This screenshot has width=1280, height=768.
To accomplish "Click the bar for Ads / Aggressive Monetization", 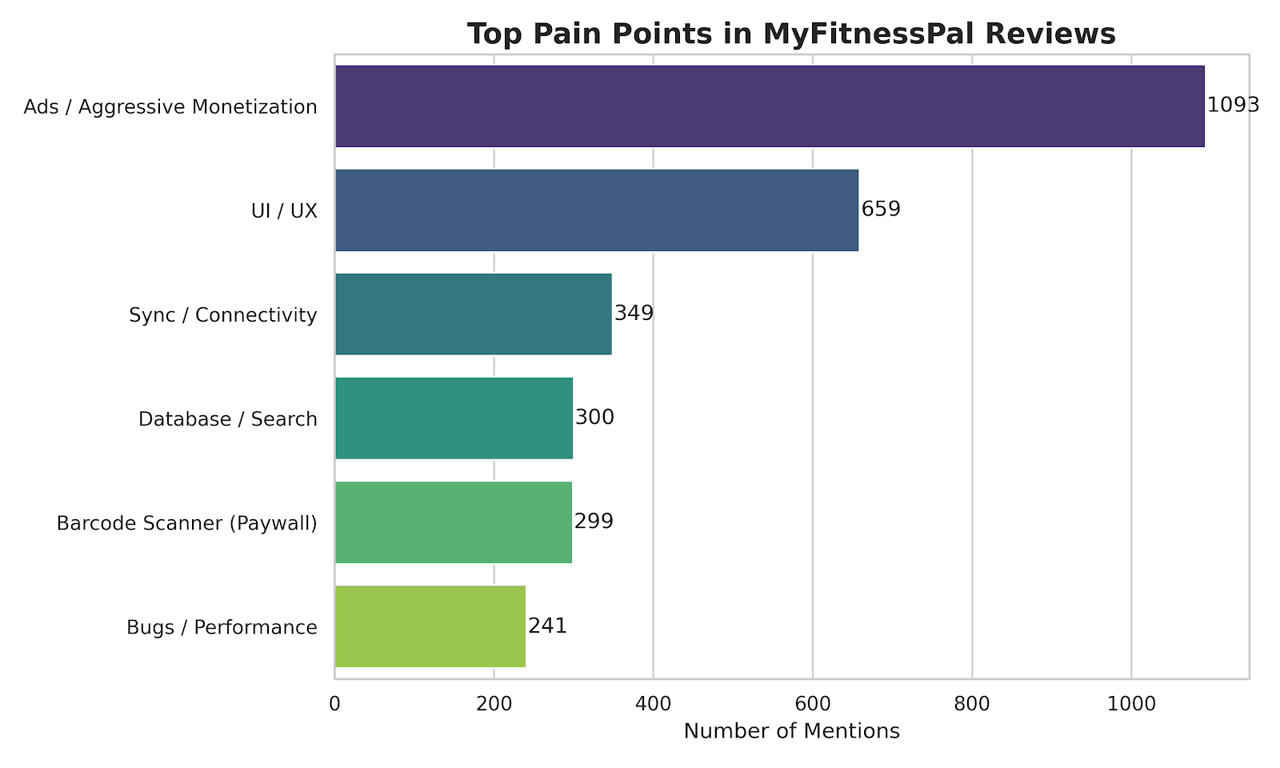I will tap(770, 106).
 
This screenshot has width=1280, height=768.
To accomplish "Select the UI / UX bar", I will tap(597, 210).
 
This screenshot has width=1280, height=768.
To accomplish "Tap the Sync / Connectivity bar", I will tap(474, 314).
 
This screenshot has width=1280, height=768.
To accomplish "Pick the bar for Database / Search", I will tap(454, 418).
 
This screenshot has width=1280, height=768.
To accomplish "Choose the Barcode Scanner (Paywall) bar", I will tap(454, 522).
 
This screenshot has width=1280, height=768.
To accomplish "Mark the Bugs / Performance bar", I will tap(430, 626).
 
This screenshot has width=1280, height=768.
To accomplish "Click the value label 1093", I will tap(1233, 105).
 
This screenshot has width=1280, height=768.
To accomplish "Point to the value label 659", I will tap(881, 209).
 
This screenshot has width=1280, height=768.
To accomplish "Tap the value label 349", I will tap(634, 313).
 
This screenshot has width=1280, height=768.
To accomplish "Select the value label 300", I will tap(594, 417).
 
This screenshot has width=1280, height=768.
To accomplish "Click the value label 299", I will tap(594, 521).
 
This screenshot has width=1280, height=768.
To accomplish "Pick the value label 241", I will tap(547, 626).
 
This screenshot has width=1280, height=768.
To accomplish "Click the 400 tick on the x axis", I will tap(653, 704).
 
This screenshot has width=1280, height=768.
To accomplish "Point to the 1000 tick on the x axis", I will tap(1131, 704).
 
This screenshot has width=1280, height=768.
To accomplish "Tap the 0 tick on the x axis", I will tap(334, 704).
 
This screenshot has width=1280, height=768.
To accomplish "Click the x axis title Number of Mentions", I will tap(792, 731).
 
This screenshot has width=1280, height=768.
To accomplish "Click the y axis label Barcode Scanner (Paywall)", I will tap(187, 523).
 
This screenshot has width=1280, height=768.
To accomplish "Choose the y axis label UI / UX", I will tap(284, 211).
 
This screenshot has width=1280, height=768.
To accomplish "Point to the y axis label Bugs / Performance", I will tap(222, 627).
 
